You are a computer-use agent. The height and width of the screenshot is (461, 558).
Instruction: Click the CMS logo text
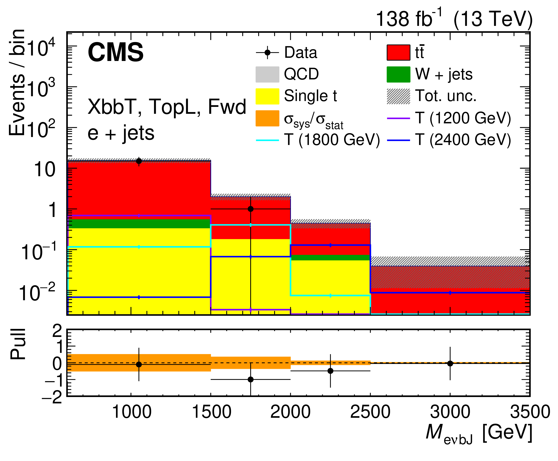115,52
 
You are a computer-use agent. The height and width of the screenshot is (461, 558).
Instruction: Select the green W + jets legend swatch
398,74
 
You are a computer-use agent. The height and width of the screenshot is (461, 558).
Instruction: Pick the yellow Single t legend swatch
267,96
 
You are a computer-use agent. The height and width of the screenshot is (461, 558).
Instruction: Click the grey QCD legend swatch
267,74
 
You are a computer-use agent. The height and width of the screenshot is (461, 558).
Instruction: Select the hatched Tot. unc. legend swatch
398,96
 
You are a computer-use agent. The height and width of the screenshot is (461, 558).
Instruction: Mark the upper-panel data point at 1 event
250,209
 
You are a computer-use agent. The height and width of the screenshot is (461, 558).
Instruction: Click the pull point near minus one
250,379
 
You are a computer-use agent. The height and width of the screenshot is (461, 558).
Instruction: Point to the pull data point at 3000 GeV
450,364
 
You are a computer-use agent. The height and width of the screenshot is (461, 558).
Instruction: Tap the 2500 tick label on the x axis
370,412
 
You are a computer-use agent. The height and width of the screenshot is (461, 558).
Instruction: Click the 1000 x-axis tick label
132,412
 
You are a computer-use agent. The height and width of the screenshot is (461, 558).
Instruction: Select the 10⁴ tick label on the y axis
41,48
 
